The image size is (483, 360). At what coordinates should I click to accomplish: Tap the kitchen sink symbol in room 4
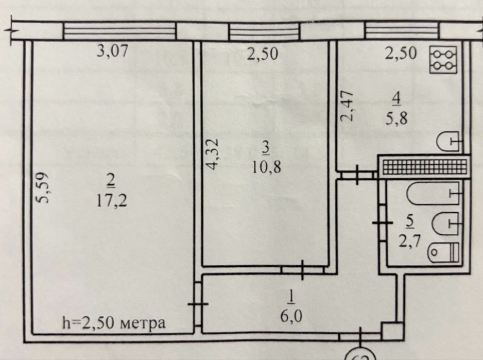[450, 141]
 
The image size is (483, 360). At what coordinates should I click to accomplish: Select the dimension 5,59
[45, 187]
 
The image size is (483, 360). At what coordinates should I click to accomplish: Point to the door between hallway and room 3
[302, 269]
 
